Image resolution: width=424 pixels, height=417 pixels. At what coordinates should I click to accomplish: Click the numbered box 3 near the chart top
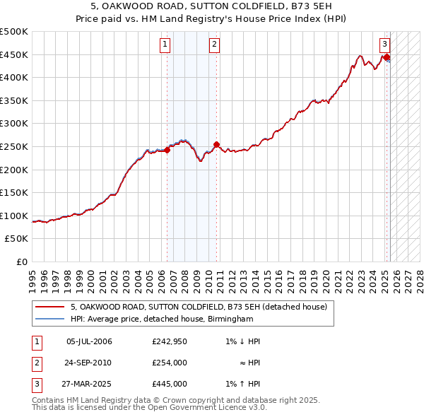pos(385,43)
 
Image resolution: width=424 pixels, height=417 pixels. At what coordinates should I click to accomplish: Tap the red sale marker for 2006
pos(167,150)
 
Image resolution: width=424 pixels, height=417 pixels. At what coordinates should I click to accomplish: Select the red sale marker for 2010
pos(216,145)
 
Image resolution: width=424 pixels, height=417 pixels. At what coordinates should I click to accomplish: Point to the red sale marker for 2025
pos(387,57)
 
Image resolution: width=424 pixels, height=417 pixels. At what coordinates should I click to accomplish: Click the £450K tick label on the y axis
pos(15,54)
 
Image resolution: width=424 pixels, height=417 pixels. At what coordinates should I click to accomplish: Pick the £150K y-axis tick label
pos(15,192)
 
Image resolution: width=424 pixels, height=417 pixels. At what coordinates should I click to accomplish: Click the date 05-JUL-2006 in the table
pos(89,342)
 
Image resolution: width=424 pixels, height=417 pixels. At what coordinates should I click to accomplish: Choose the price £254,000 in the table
pos(169,363)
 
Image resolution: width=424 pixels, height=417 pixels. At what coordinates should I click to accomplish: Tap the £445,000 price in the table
pos(169,384)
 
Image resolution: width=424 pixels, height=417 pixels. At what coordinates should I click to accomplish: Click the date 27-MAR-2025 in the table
pos(89,384)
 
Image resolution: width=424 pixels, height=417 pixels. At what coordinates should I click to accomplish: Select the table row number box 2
pos(36,363)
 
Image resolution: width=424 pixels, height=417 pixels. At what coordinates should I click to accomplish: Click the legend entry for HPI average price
pos(161,319)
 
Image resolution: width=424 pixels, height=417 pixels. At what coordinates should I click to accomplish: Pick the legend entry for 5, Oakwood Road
pos(199,307)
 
